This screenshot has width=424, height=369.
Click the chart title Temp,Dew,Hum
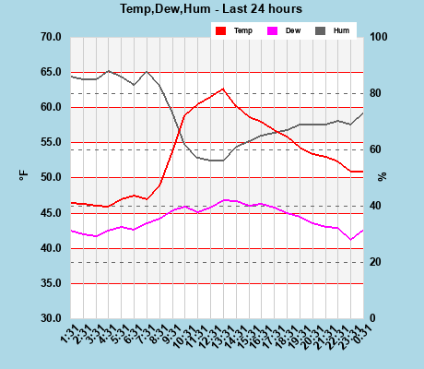coord(211,9)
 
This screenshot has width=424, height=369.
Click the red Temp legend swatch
coord(220,30)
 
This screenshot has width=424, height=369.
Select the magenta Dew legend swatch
coord(272,30)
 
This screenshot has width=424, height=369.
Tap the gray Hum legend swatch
coord(321,30)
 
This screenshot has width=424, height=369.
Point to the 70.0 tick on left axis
coord(50,37)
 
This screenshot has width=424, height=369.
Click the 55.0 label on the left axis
coord(50,142)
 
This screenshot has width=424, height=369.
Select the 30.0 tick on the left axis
coord(50,318)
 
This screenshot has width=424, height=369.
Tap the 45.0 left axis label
coord(50,213)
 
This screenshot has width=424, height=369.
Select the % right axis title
coord(382,175)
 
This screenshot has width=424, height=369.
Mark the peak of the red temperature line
coord(223,89)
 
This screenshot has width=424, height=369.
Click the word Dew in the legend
coord(293,30)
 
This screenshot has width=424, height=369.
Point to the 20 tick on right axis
coord(377,262)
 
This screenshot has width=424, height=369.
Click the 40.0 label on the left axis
coord(50,248)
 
